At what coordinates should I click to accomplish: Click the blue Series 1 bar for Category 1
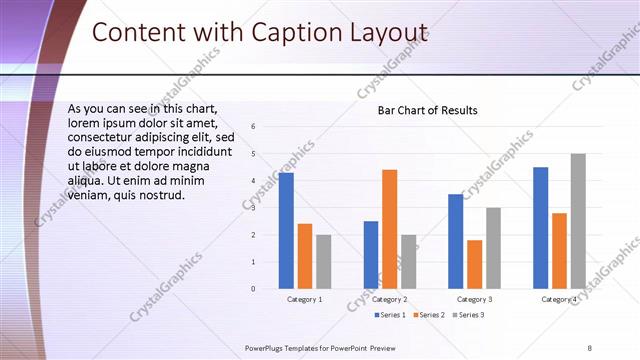[286, 231]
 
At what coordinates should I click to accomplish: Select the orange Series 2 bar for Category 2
[389, 229]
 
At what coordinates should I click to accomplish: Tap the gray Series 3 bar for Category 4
[578, 221]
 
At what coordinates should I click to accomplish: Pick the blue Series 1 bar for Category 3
[455, 241]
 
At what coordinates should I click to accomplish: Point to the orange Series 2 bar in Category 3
[474, 264]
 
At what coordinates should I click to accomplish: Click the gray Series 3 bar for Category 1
[323, 262]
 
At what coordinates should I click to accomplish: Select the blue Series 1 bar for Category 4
[540, 228]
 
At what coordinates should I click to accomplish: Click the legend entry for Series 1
[390, 315]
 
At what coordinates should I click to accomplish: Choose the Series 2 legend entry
[428, 315]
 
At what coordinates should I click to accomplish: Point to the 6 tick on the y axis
[254, 127]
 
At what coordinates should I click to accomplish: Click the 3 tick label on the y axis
[254, 208]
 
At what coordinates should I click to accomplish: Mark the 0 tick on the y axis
[254, 289]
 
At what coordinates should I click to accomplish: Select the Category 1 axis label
[305, 299]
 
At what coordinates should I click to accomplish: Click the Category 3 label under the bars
[474, 299]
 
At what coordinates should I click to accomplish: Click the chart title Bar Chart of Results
[427, 110]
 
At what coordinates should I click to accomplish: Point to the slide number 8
[590, 347]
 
